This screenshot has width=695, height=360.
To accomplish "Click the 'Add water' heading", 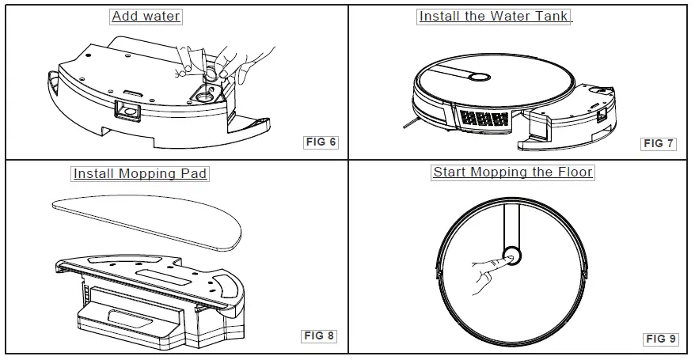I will tap(146, 16).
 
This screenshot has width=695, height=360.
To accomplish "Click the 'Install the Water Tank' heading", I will tap(493, 16).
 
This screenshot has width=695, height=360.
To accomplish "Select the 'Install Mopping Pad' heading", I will tap(140, 173).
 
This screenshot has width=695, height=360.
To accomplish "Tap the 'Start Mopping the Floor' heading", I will tap(512, 172).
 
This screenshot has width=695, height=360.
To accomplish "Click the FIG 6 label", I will tap(321, 142).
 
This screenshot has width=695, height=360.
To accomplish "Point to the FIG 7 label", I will tap(659, 143).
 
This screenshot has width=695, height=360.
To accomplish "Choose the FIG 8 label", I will tap(319, 335).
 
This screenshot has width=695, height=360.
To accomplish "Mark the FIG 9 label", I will tap(660, 339).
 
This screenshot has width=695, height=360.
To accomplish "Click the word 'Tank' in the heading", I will tap(551, 16).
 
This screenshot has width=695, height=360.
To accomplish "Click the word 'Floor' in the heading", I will tap(574, 172).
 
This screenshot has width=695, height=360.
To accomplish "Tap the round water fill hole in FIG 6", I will tap(204, 96).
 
